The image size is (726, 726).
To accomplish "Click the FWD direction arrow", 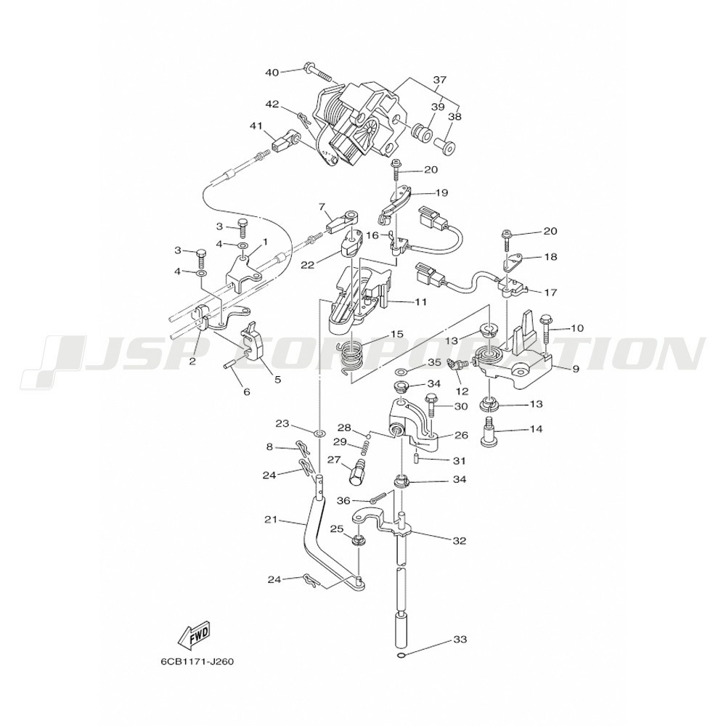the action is (194, 635).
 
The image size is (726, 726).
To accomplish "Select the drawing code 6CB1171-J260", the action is (197, 661).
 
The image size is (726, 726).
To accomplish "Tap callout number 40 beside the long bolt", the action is (272, 73).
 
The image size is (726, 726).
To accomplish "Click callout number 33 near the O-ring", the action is (460, 640).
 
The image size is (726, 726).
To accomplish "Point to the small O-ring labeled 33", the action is (401, 655).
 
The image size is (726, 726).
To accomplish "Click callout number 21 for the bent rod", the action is (271, 520).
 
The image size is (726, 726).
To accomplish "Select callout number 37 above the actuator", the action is (440, 80).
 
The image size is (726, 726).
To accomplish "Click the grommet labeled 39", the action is (423, 130).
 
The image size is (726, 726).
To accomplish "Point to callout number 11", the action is (420, 302).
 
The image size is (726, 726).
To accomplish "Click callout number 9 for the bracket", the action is (576, 369).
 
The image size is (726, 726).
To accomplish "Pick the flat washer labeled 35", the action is (402, 371).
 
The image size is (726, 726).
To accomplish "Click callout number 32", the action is (460, 541).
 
